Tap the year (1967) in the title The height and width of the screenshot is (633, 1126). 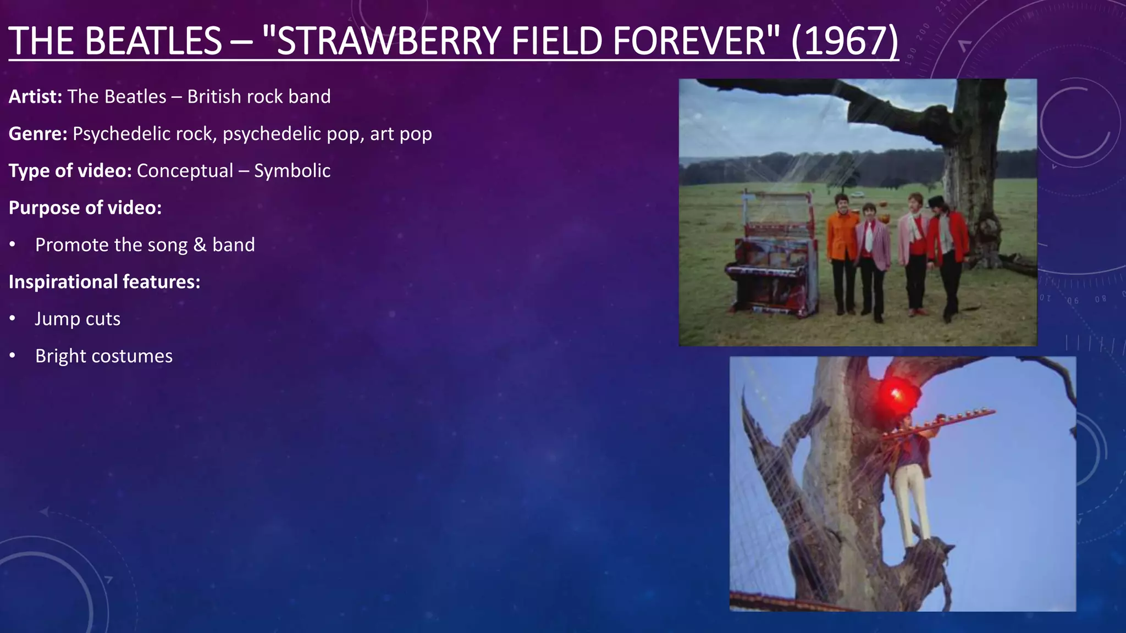click(844, 41)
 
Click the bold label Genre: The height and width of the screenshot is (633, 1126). click(38, 134)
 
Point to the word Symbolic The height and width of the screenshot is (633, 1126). click(292, 171)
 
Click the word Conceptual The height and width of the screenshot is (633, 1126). click(185, 171)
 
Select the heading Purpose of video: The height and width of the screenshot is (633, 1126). click(85, 208)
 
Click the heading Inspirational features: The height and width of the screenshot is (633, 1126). click(104, 282)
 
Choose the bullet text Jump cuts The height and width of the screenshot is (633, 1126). click(78, 319)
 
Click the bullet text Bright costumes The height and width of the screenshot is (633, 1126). click(104, 356)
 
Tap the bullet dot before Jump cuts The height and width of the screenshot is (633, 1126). click(12, 319)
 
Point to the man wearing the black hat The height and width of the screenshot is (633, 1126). click(947, 247)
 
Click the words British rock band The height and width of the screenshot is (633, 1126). click(259, 97)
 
